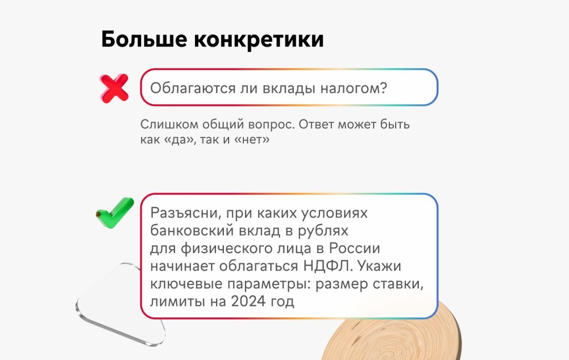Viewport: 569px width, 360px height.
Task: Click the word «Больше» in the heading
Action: tap(143, 40)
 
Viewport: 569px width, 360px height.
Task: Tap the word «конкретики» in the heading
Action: tap(259, 40)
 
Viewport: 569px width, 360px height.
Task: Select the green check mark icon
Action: tap(114, 213)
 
